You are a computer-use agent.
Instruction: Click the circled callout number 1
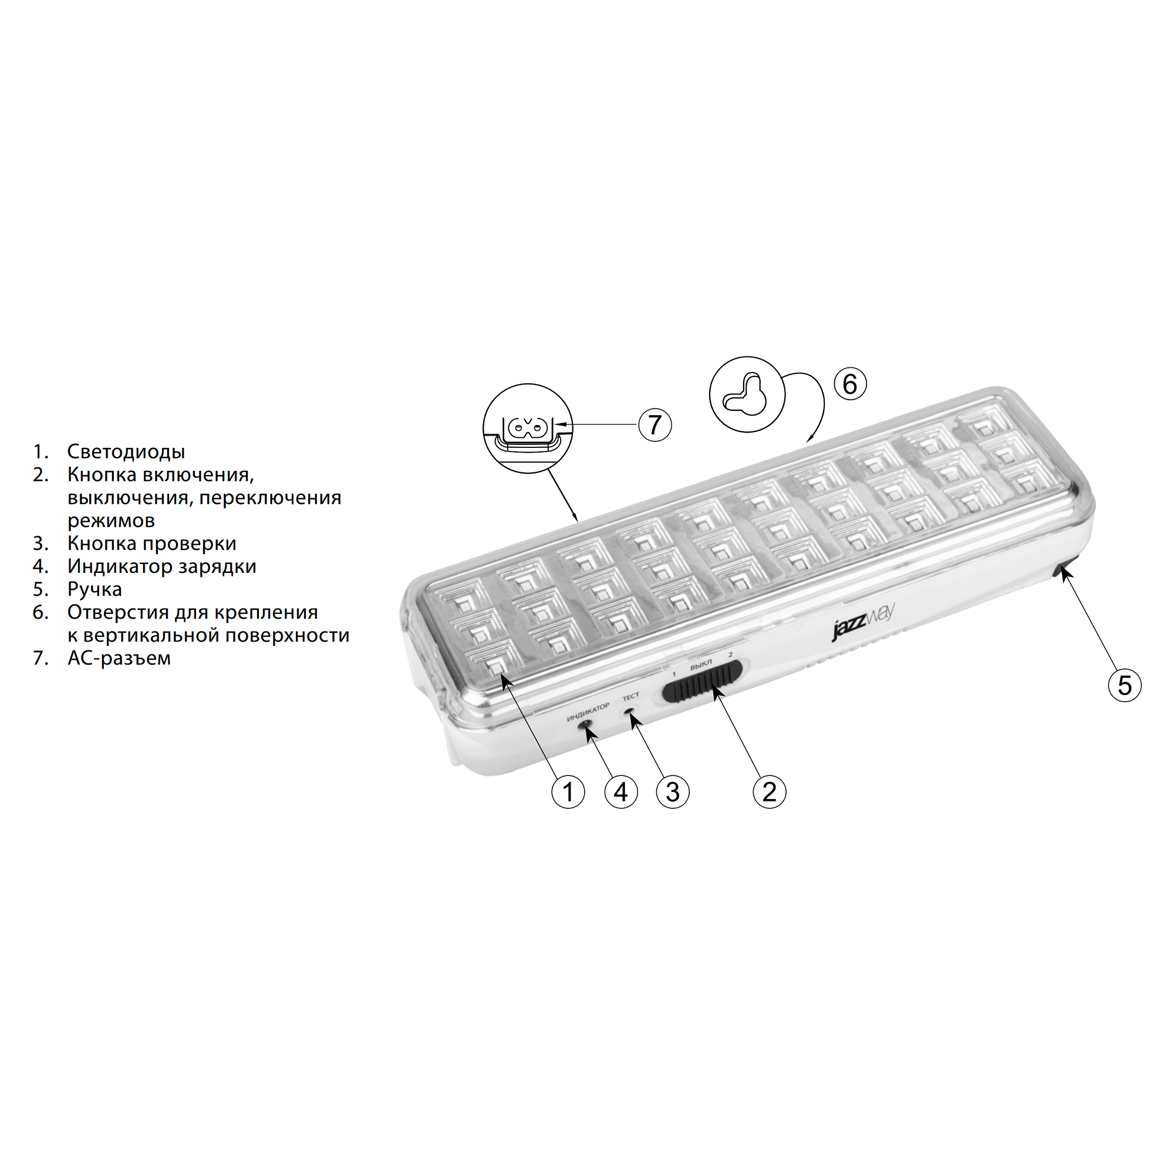pos(568,792)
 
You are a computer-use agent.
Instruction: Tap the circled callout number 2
pos(770,792)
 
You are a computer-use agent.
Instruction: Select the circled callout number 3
pos(673,792)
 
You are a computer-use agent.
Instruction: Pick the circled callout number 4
pos(620,792)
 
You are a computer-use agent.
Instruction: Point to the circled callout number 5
pos(1125,685)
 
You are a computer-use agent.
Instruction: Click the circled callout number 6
pos(850,384)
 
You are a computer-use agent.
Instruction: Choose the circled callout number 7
pos(655,424)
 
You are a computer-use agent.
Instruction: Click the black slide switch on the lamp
pos(703,684)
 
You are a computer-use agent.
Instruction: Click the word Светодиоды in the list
pos(126,451)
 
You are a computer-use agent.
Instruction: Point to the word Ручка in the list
pos(94,589)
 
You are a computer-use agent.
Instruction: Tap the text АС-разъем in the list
pos(119,658)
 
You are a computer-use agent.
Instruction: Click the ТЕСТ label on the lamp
pos(631,696)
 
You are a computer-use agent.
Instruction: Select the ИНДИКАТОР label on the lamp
pos(588,712)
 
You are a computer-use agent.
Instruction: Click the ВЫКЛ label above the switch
pos(701,666)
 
